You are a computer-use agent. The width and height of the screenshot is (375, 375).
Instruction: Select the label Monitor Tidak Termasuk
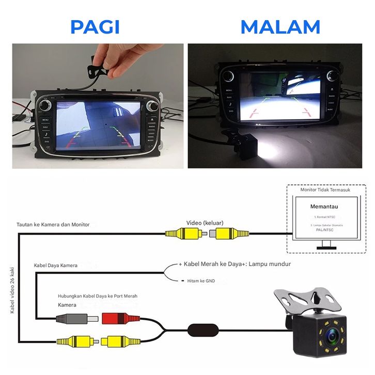325,190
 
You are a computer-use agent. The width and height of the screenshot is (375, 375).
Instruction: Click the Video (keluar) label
205,223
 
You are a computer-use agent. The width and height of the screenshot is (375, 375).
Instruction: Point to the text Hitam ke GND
200,281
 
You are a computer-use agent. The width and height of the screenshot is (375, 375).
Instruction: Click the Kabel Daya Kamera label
56,265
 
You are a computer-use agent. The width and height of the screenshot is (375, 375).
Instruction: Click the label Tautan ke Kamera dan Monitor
53,225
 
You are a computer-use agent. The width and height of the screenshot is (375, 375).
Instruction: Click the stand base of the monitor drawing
325,247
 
